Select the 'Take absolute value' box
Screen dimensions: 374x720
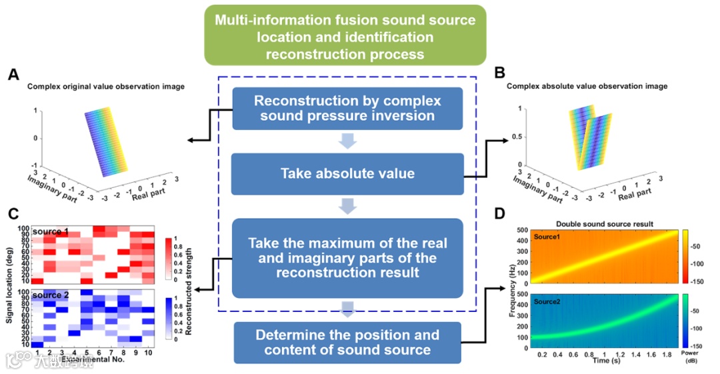(347, 174)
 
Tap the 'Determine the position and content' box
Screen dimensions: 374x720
(347, 343)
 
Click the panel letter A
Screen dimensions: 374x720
(13, 75)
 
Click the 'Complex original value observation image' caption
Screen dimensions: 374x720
(106, 87)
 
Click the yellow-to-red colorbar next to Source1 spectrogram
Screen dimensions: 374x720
(686, 256)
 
